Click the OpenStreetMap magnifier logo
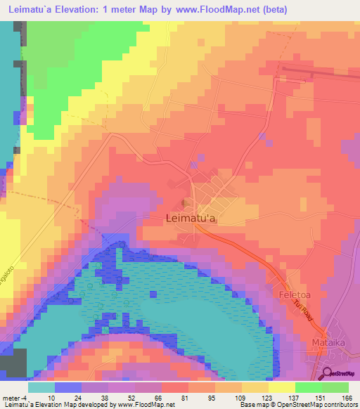click(x=328, y=372)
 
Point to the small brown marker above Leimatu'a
click(x=185, y=204)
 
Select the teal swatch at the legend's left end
click(x=41, y=387)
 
